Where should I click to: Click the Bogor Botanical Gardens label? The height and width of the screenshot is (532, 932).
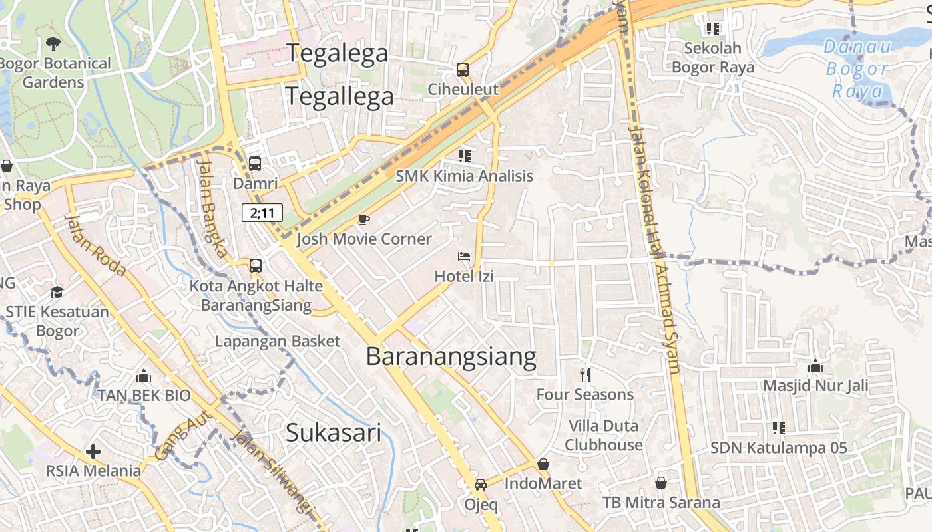(55, 73)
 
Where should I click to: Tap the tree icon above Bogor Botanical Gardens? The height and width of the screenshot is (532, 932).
(53, 45)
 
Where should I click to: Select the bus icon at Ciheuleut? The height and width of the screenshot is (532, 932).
(462, 69)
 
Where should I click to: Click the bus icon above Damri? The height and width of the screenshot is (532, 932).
(254, 163)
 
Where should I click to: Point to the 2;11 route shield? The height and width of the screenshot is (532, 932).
(262, 213)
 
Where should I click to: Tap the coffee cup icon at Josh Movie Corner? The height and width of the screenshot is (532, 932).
(363, 219)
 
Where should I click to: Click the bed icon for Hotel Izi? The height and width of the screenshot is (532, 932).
(464, 257)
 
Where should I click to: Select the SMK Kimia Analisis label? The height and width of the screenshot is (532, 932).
(464, 176)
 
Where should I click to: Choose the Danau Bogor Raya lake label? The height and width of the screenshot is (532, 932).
(857, 68)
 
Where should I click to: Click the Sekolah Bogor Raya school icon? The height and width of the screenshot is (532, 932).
(713, 29)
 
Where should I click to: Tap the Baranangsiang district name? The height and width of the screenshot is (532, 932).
(451, 357)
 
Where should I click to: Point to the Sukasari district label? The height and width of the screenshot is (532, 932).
(334, 433)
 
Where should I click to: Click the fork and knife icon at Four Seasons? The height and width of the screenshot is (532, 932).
(585, 375)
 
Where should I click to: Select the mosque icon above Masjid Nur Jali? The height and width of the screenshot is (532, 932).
(815, 366)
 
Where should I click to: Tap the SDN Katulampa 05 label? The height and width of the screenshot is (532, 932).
(778, 448)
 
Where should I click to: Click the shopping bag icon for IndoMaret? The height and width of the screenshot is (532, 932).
(543, 464)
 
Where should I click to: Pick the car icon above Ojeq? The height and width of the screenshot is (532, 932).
(481, 485)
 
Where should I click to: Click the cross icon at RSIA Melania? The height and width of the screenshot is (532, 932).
(93, 452)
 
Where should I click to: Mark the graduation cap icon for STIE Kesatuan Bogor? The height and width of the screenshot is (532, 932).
(57, 292)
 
